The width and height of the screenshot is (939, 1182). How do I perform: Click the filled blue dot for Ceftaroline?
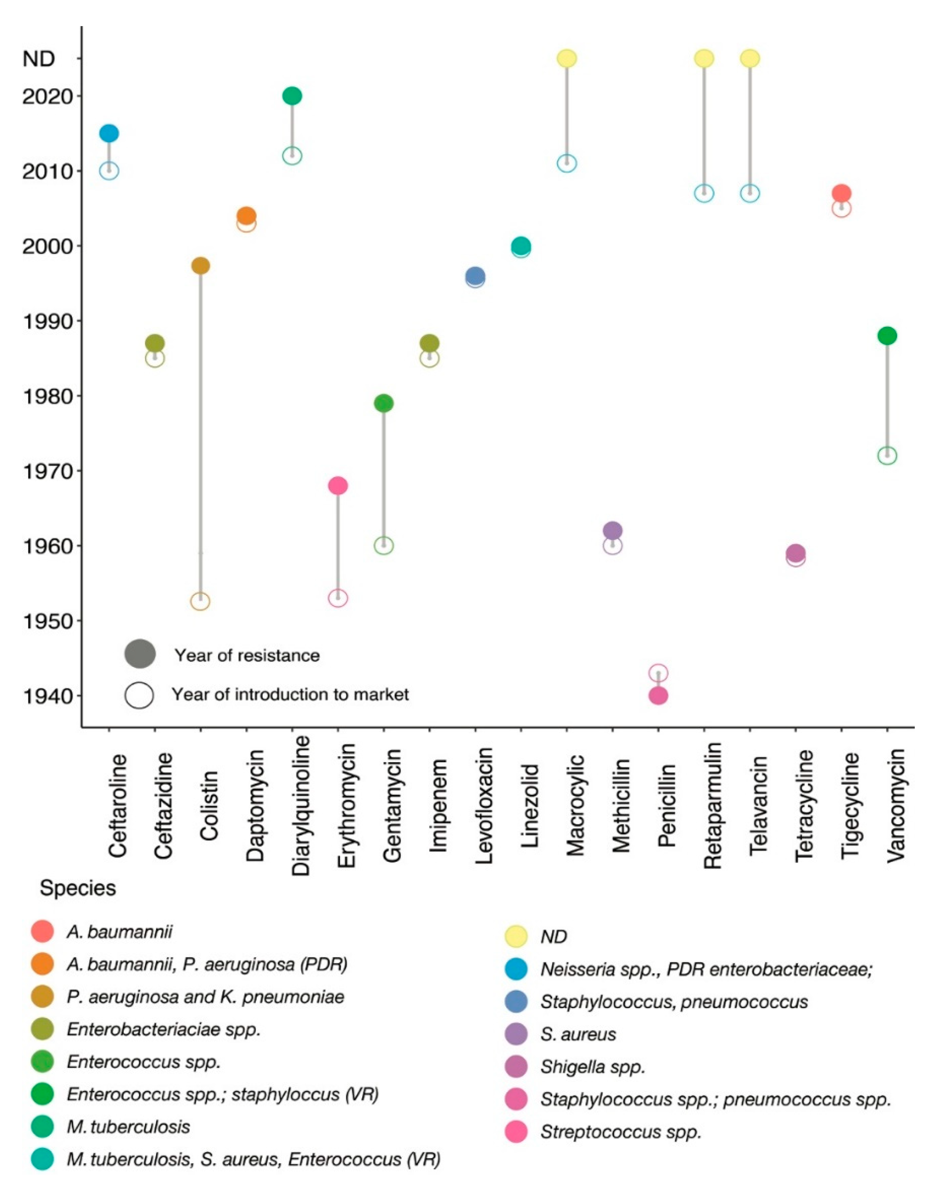point(109,133)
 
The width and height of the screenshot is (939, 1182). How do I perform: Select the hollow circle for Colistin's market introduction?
point(200,601)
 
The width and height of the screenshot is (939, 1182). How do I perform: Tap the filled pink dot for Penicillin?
point(658,696)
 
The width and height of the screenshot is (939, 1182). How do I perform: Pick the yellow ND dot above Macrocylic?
point(567,58)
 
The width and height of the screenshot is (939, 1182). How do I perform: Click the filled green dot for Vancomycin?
point(887,335)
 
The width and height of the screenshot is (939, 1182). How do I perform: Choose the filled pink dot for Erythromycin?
point(338,485)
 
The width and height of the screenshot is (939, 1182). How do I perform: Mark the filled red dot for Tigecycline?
point(841,193)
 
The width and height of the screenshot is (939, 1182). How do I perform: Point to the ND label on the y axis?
point(38,59)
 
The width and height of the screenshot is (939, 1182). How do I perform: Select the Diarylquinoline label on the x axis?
point(301,806)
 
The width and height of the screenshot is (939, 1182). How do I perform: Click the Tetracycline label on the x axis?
point(804,806)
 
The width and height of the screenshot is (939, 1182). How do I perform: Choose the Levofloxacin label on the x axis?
point(484,806)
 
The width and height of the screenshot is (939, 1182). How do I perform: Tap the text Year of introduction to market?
point(290,694)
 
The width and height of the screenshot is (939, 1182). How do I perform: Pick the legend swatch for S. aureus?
point(516,1034)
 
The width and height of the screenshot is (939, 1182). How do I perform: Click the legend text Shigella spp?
point(592,1066)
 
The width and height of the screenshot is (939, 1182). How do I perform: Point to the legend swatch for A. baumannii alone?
point(42,932)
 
